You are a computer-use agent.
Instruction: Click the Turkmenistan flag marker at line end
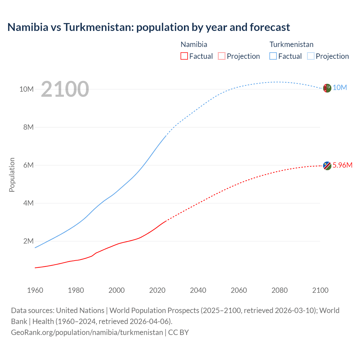coord(327,88)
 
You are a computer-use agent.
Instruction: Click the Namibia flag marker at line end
coord(327,166)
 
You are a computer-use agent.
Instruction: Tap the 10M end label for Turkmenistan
coord(340,88)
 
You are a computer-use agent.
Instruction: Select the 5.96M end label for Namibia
coord(342,165)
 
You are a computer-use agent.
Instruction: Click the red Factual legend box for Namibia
coord(184,56)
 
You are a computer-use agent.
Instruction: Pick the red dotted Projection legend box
coord(222,56)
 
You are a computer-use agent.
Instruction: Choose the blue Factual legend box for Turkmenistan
coord(273,56)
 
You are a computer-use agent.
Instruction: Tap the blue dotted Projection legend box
coord(311,56)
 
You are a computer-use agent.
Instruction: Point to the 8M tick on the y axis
coord(28,127)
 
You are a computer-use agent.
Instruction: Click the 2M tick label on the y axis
coord(28,241)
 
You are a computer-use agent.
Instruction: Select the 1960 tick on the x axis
coord(35,290)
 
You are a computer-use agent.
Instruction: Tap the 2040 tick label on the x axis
coord(198,290)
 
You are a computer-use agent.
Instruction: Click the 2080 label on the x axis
coord(280,290)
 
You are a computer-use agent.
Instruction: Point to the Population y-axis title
coord(12,175)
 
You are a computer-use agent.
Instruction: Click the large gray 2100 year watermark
coord(65,89)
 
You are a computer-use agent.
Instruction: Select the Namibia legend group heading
coord(194,44)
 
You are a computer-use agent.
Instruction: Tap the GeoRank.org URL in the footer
coord(87,332)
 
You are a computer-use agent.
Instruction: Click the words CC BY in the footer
coord(178,332)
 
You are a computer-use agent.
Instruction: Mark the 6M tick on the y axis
coord(28,165)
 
